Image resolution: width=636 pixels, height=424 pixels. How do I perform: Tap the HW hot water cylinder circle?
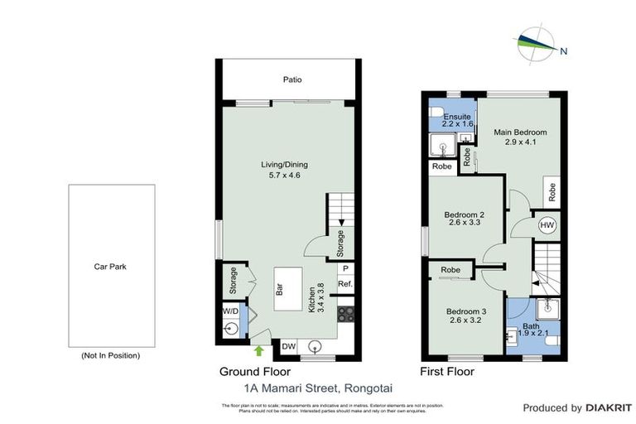tap(547, 224)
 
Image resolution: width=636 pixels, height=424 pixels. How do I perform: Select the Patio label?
tap(290, 80)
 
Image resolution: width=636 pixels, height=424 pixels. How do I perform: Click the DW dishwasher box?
tap(290, 347)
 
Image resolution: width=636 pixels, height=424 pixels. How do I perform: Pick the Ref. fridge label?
tap(345, 285)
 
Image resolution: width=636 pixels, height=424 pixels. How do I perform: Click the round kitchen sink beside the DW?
tap(316, 347)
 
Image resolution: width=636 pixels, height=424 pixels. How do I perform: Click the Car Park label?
tap(110, 267)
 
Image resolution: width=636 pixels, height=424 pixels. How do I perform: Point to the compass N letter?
tap(564, 51)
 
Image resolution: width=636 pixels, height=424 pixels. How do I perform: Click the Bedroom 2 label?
tap(464, 218)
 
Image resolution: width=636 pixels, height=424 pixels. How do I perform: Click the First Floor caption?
tap(447, 372)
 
